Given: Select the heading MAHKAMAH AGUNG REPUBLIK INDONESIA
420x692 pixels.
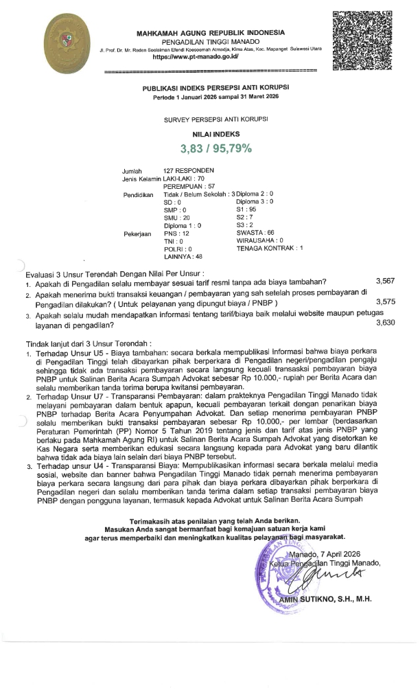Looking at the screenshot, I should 210,33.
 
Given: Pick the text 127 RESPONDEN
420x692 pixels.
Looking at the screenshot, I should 189,170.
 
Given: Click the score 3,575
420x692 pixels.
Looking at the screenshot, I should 388,301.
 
